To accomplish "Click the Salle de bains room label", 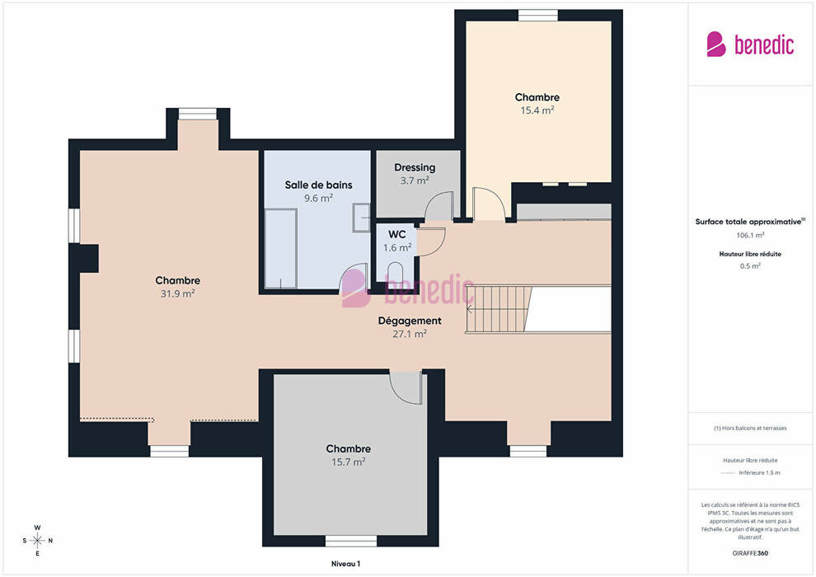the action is click(x=318, y=185).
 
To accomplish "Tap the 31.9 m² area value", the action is click(x=177, y=293).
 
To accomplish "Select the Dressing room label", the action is click(x=415, y=167).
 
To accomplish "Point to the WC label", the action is click(x=397, y=234).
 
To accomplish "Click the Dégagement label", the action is click(x=410, y=321).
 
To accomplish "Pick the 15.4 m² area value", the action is click(x=537, y=110).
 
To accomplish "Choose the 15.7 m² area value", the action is click(x=348, y=462).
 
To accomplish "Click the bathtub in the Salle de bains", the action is click(x=281, y=249).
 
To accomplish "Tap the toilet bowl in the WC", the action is click(x=396, y=273).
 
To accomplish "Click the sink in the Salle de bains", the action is click(x=361, y=217).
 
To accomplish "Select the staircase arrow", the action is click(x=470, y=309).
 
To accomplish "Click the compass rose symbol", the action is click(x=37, y=541).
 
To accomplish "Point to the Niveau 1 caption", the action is click(x=345, y=564).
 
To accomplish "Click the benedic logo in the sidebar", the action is click(x=750, y=45).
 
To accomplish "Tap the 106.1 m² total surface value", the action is click(x=750, y=235).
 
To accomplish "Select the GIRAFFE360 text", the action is click(x=750, y=553).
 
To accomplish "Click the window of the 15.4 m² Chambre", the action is click(x=538, y=16).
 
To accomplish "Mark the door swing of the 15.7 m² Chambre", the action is click(x=406, y=387).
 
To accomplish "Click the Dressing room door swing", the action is click(x=439, y=206).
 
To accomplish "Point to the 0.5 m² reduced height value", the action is click(x=750, y=266).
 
